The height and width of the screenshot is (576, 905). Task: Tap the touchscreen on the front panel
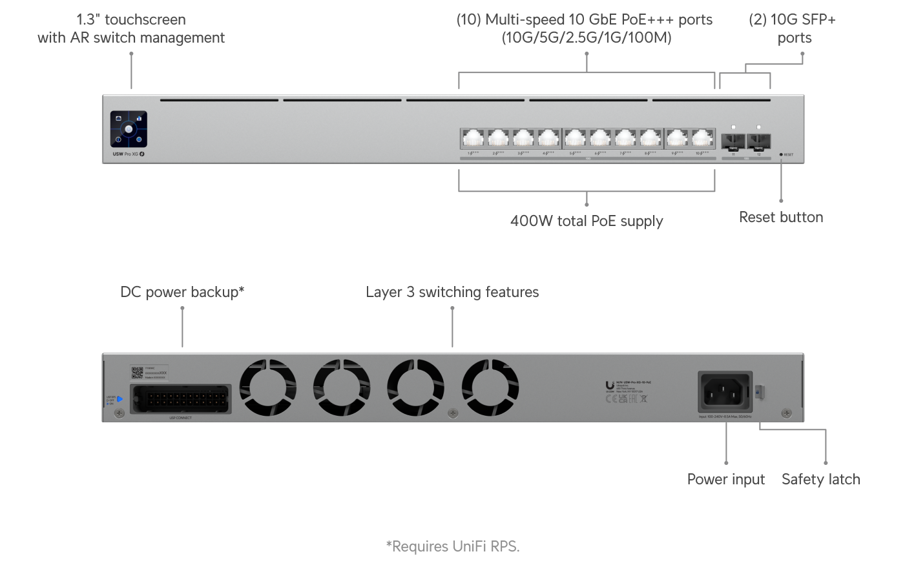129,129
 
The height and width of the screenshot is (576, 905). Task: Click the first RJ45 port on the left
473,138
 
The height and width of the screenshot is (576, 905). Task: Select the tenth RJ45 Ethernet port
702,138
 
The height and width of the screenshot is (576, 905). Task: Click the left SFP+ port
734,141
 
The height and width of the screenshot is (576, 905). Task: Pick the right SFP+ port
758,141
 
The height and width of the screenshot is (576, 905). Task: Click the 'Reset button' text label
781,217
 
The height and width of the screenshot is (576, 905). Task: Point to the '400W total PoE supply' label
587,221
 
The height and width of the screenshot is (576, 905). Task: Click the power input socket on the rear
725,391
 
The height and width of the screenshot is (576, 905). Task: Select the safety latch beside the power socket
760,391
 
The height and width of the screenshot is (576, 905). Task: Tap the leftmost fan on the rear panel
267,388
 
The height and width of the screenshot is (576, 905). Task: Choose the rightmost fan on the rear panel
490,388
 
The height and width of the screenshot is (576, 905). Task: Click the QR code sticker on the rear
137,373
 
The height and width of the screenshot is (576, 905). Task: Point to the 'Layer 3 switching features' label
452,292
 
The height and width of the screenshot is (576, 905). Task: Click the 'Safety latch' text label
820,479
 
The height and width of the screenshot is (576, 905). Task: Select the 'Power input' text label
725,479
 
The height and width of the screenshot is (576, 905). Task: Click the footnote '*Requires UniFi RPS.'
453,546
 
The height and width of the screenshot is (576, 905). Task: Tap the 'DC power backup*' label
182,292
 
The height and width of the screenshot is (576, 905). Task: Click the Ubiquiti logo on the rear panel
610,386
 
